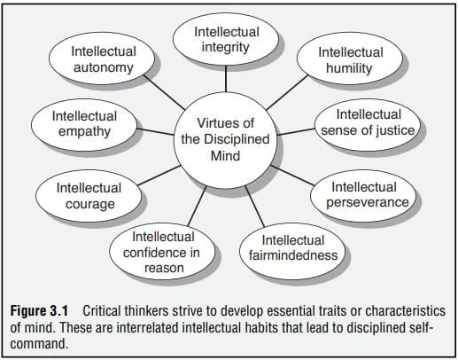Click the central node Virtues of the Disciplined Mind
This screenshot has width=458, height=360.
[225, 139]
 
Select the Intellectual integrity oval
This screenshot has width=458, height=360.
[226, 39]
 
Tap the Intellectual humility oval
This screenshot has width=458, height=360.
[350, 59]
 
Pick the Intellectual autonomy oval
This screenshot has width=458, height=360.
[102, 59]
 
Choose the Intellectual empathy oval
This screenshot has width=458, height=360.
[84, 125]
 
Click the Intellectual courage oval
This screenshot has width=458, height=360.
[89, 196]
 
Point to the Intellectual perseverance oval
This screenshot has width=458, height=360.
[363, 195]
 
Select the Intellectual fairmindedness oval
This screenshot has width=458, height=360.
[292, 251]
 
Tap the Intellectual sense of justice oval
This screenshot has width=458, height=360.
[368, 125]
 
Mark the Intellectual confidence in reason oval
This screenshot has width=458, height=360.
[162, 251]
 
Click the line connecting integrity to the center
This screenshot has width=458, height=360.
[226, 79]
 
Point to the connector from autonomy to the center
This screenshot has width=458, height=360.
[165, 92]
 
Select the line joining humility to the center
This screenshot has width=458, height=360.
[287, 92]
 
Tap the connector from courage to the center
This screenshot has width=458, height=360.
[159, 176]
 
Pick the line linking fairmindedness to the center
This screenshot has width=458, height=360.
[254, 207]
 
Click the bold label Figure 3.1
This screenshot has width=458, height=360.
[39, 311]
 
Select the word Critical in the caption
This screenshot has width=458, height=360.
[101, 311]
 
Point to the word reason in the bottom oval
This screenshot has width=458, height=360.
[164, 268]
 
